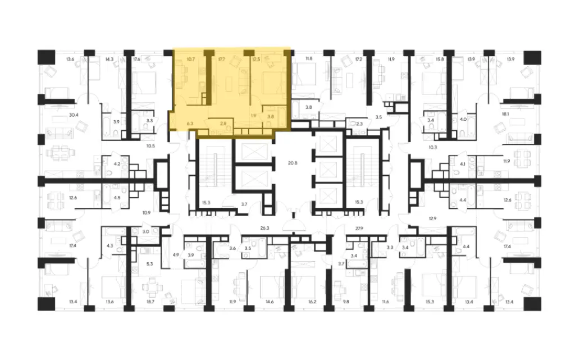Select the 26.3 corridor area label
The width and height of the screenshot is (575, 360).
point(265,229)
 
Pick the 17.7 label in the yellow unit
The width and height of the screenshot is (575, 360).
point(221,58)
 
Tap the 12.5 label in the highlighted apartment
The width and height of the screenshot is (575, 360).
point(257,58)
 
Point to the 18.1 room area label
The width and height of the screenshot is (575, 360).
point(505,115)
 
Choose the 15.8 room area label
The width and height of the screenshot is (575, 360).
point(440,58)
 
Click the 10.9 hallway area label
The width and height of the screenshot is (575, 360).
point(147,212)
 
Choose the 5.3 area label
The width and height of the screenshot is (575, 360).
point(149,263)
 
